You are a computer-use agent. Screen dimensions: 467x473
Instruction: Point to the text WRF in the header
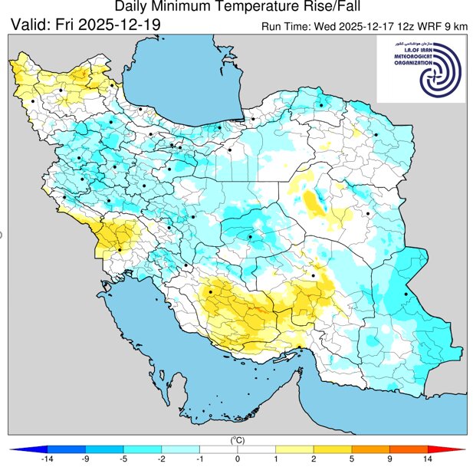click(x=431, y=27)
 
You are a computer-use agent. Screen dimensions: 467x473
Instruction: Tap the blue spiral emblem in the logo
click(x=442, y=71)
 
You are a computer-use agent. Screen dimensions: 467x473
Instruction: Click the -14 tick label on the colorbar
click(x=48, y=459)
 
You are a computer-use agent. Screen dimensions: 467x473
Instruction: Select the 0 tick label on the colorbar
click(x=237, y=459)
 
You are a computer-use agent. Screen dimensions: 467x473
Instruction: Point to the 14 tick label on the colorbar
click(x=427, y=459)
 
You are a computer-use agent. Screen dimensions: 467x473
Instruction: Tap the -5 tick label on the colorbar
click(x=123, y=459)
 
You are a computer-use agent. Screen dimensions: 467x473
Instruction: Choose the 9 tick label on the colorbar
click(x=389, y=459)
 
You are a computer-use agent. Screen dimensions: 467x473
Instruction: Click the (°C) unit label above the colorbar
click(x=237, y=440)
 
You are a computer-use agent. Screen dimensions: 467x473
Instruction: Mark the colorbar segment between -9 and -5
click(x=104, y=449)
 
